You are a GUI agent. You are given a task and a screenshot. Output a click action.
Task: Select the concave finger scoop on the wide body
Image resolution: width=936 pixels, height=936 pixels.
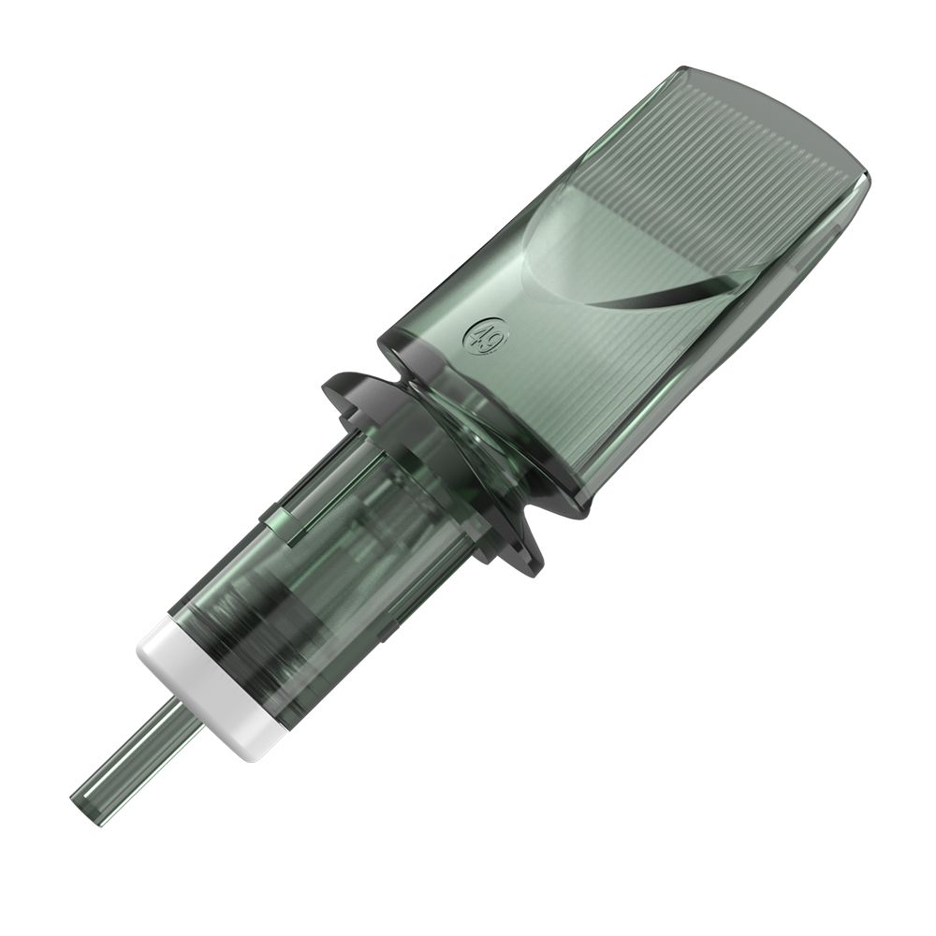(x=608, y=253)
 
